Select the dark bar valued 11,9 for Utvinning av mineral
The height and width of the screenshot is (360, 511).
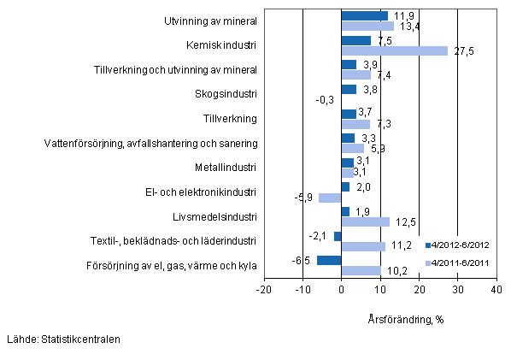coord(364,15)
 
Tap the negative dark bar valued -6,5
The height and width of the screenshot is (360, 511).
coord(329,260)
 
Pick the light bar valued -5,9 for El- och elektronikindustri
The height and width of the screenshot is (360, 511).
coord(330,198)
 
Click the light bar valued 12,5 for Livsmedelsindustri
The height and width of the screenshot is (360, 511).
coord(365,221)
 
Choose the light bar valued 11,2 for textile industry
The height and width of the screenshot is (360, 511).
coord(362,246)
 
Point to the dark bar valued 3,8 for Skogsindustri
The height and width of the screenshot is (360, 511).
coord(349,89)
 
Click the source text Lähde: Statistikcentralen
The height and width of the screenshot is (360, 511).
coord(61,339)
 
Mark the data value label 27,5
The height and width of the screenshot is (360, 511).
coord(461,51)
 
